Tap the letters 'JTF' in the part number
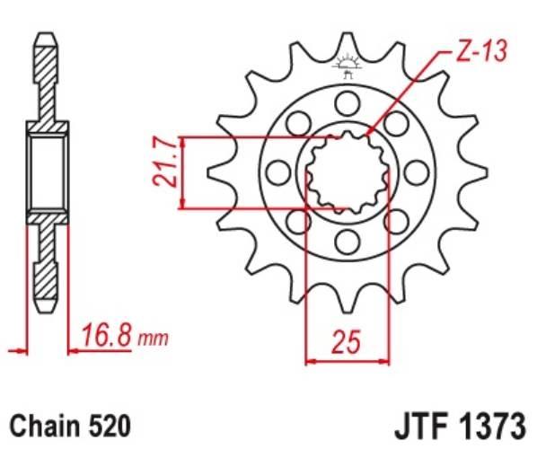coord(421,423)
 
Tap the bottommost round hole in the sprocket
coord(347,239)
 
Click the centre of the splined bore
coord(347,172)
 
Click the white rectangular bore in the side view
coord(48,172)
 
